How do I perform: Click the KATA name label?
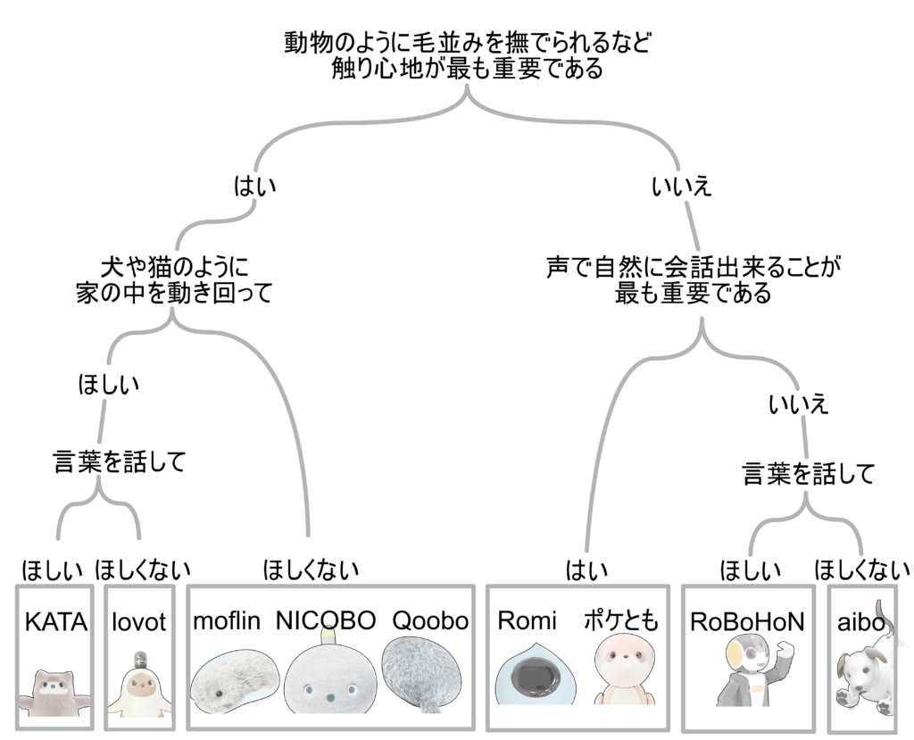55,621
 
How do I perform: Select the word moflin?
227,620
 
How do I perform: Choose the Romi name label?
527,619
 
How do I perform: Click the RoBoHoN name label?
747,621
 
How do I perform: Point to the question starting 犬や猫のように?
173,279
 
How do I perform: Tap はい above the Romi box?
586,569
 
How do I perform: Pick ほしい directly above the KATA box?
53,569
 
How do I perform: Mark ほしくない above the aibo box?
862,569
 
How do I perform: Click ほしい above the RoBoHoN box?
751,569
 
